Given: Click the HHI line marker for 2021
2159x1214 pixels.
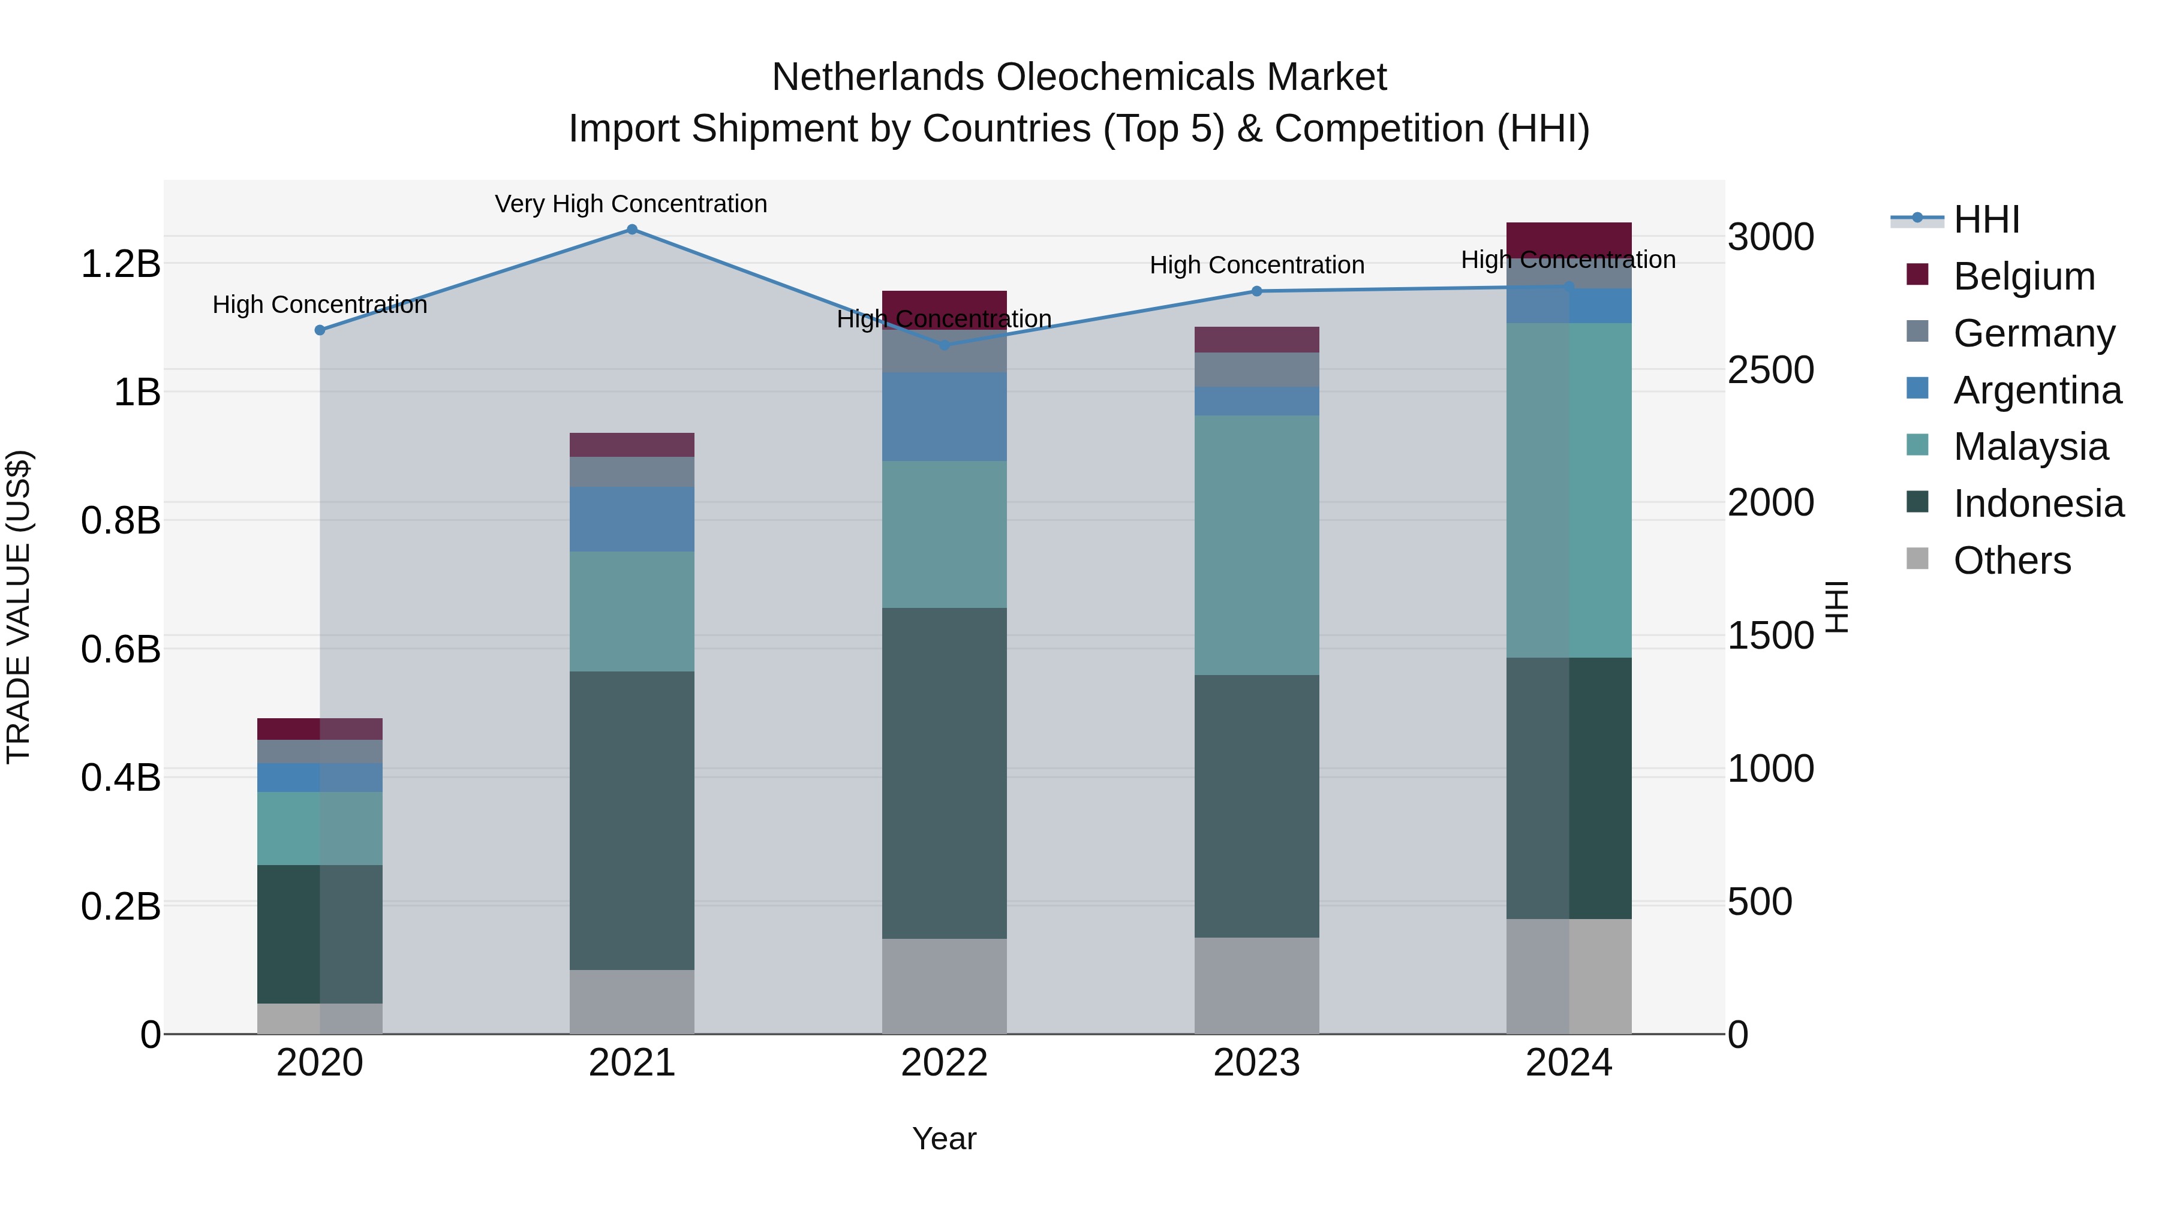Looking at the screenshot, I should click(632, 230).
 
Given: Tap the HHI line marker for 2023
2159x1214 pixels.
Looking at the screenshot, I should click(1256, 291).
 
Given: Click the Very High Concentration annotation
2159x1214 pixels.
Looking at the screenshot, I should click(630, 204).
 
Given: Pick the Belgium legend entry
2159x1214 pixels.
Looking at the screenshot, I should click(2023, 276).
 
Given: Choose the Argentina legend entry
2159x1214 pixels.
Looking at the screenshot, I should click(2037, 390).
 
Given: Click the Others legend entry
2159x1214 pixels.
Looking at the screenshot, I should click(2011, 561).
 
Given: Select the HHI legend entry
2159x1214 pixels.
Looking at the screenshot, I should click(1986, 219).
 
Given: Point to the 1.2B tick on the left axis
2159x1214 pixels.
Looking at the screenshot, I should click(121, 264).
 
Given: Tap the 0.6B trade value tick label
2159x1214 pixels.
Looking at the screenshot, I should click(121, 649).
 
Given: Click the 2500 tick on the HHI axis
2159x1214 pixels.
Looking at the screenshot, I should click(1771, 370).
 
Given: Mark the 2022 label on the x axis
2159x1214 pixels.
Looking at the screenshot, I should click(944, 1063).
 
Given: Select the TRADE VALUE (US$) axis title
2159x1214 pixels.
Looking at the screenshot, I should click(19, 607).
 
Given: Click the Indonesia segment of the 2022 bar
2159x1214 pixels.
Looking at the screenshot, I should click(944, 773).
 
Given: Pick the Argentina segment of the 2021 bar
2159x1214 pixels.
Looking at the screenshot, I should click(632, 519).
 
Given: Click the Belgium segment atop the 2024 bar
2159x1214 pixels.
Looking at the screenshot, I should click(1568, 239).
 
